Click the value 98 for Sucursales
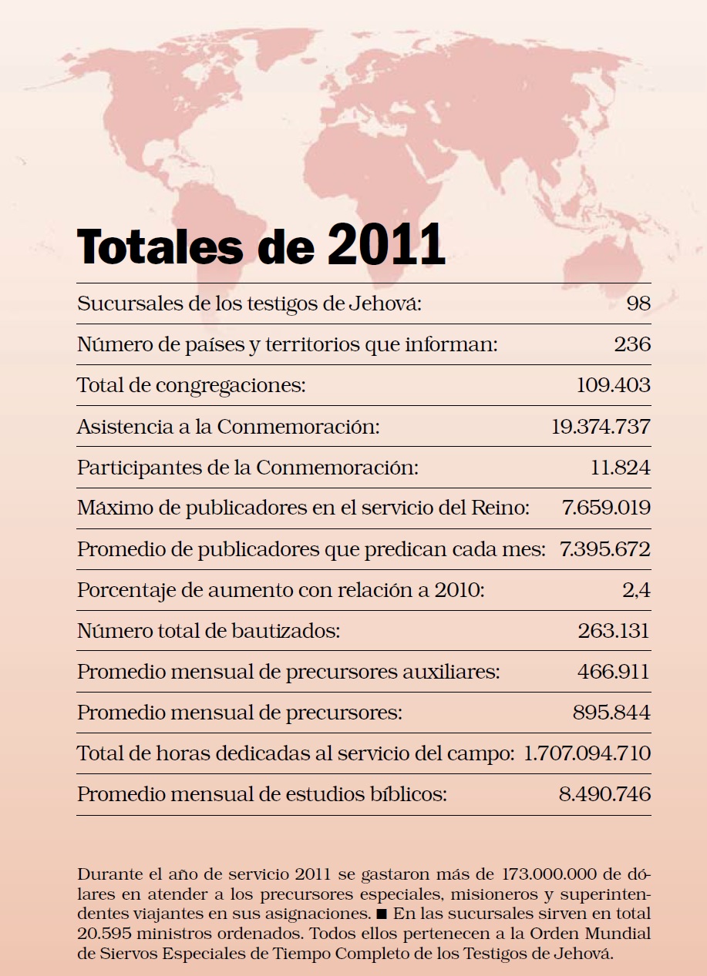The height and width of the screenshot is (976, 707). pos(638,304)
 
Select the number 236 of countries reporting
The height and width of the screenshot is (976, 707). pos(632,344)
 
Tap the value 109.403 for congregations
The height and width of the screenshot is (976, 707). pos(613,385)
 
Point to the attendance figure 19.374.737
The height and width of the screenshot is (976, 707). pos(601,426)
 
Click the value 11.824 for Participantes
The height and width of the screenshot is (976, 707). pos(620,467)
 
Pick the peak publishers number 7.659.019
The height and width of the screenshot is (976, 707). pos(607,508)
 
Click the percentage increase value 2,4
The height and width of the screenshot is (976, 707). pos(636,590)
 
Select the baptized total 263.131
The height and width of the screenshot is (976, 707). pos(614,631)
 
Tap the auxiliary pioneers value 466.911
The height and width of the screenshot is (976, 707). pos(614,672)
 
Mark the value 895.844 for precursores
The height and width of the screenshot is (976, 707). pos(611,713)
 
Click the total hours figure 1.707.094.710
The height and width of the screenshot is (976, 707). pos(587,753)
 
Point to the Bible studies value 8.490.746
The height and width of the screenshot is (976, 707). pos(604,794)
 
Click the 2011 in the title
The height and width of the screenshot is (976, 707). pos(386,244)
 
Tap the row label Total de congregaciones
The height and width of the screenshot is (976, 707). pos(191,385)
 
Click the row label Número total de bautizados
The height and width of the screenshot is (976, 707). pos(208,631)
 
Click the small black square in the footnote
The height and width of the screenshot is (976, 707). pos(379,915)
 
